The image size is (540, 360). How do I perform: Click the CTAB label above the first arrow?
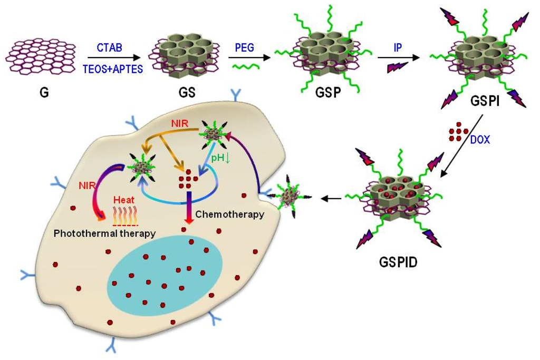click(x=109, y=48)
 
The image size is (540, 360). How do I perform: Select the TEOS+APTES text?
click(x=112, y=69)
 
